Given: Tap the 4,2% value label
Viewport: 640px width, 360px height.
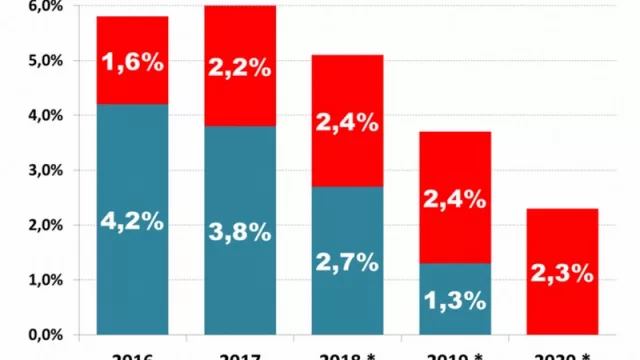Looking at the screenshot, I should click(x=132, y=221).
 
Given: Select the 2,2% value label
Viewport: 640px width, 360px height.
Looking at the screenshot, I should click(x=240, y=67).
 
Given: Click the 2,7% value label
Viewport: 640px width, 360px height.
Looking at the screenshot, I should click(x=347, y=262).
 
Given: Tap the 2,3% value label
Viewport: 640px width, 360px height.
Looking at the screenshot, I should click(x=562, y=271).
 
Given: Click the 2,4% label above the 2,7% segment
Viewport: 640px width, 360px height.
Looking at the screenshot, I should click(x=347, y=123).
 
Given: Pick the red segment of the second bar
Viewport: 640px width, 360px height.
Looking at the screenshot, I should click(x=240, y=100).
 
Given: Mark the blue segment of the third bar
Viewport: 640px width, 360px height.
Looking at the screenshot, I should click(x=347, y=300).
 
